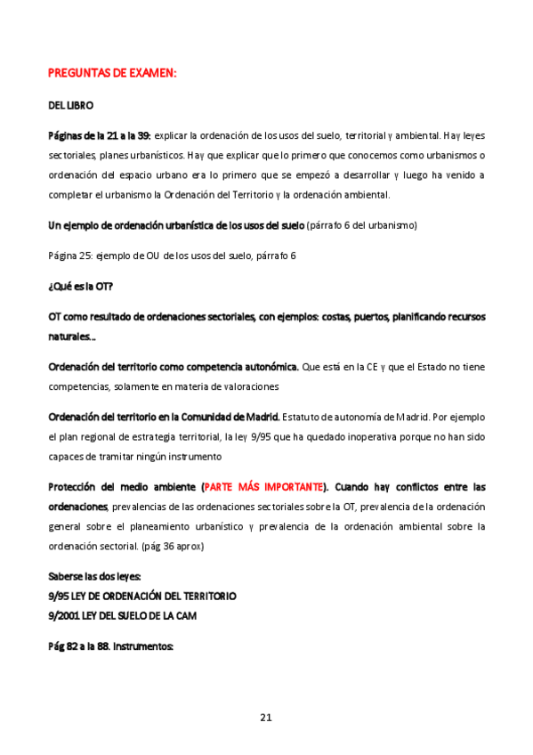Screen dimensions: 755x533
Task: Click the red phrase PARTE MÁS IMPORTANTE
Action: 264,487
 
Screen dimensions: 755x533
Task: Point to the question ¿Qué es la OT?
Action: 80,286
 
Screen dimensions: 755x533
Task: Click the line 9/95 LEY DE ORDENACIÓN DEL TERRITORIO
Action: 142,595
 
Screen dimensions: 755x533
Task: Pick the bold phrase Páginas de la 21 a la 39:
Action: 100,135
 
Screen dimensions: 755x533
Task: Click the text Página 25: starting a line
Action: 71,256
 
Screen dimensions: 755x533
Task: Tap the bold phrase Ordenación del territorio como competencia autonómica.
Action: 174,367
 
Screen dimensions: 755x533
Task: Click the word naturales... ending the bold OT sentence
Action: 72,337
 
